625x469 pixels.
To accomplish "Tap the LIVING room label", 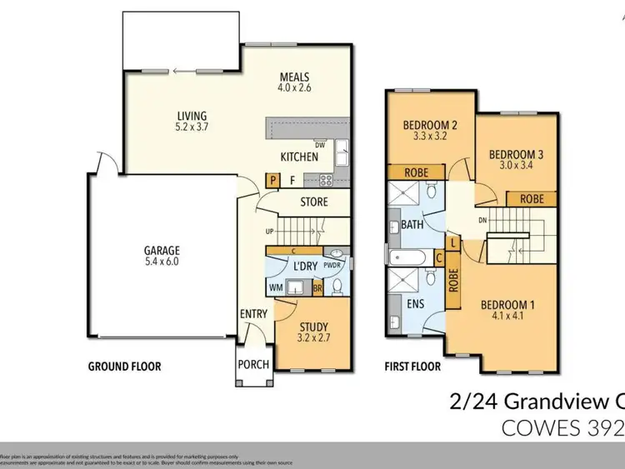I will (x=191, y=116).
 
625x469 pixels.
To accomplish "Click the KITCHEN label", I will (x=299, y=156).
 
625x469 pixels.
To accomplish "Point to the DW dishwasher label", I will (x=319, y=144).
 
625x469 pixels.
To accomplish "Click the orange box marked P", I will (x=272, y=178).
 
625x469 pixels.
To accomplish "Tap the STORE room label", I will (x=313, y=202).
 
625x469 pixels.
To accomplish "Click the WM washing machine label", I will (x=275, y=287).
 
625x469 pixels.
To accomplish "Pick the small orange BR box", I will (x=317, y=288).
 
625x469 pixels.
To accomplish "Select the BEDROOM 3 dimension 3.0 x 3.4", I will (x=509, y=166).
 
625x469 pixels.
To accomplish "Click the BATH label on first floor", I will (x=412, y=225).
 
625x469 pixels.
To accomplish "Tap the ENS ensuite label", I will (x=414, y=304).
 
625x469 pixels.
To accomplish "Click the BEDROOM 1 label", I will (x=507, y=304).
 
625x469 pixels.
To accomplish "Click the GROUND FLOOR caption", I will (x=125, y=366).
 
